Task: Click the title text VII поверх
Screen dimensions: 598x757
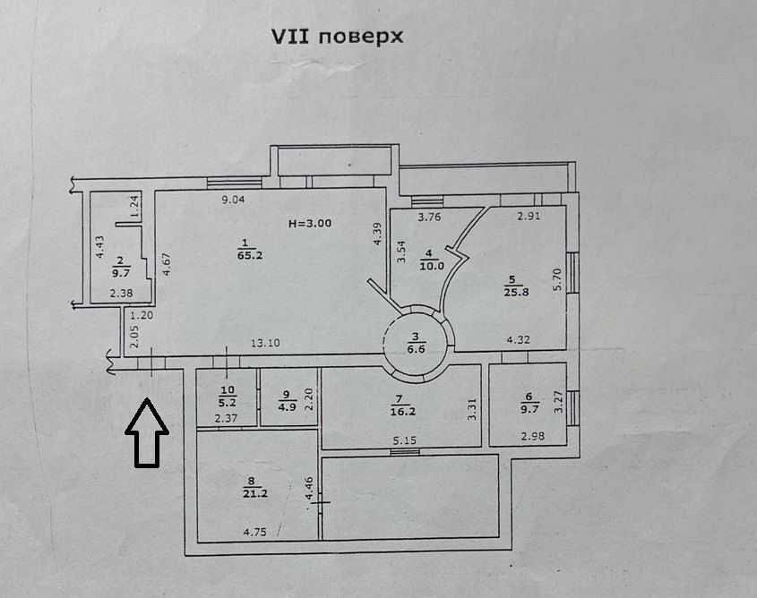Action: click(338, 37)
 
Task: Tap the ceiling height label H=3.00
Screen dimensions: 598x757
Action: click(309, 223)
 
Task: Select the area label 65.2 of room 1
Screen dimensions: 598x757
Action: click(243, 254)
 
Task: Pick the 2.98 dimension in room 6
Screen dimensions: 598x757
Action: click(532, 435)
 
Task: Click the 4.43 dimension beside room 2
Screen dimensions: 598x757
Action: click(100, 248)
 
